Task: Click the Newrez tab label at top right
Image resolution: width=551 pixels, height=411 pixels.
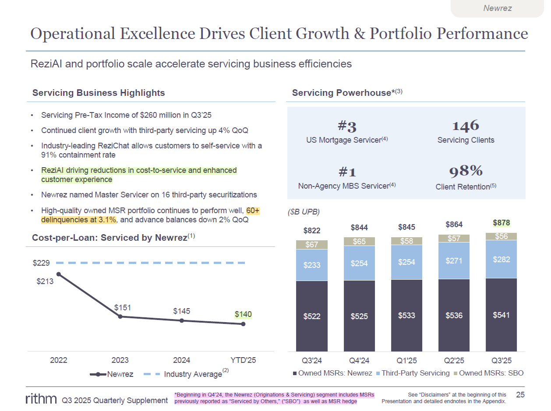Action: coord(498,8)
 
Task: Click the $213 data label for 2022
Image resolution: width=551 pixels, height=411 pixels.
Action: coord(45,281)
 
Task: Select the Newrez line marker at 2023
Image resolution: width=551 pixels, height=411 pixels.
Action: coord(120,316)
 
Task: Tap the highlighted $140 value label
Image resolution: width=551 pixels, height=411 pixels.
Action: coord(243,314)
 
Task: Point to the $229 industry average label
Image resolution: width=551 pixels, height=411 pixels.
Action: coord(41,263)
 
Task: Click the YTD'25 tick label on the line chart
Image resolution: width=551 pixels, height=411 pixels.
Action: coord(243,360)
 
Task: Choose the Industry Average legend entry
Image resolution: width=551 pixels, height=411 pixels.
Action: coord(193,374)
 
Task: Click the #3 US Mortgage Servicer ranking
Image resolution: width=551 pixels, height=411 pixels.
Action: coord(347,126)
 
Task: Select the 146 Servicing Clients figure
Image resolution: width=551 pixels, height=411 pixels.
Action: coord(466,126)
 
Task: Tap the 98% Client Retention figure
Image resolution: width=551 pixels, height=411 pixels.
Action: coord(466,171)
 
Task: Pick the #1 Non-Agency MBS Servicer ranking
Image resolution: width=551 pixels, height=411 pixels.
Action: coord(347,171)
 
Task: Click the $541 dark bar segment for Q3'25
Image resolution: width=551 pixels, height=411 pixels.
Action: coord(501,315)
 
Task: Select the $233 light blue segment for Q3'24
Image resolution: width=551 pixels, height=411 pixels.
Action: coord(312,265)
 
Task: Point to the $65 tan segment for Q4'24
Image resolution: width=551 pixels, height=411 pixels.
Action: coord(359,241)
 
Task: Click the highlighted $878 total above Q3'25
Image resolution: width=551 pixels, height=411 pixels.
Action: coord(502,223)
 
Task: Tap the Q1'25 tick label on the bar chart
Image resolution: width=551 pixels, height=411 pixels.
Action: coord(406,361)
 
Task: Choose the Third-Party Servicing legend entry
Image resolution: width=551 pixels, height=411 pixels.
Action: coord(415,373)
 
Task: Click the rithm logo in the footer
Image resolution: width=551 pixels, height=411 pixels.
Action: coord(41,399)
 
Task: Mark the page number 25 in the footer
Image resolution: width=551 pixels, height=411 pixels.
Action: coord(520,395)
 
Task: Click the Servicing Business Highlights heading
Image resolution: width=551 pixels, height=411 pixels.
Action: coord(99,93)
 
